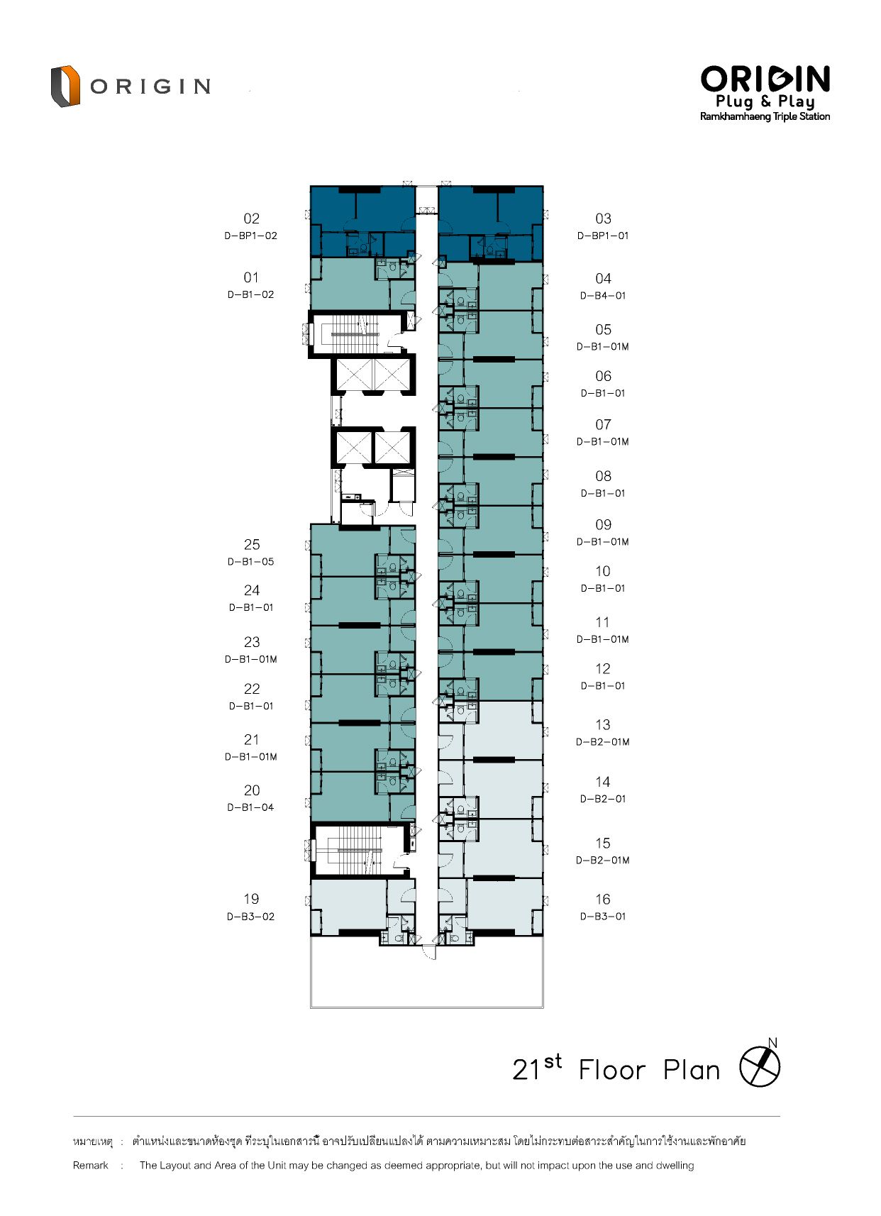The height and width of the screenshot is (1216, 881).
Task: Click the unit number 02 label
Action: (x=251, y=219)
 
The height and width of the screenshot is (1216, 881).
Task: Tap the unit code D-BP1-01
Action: (x=603, y=236)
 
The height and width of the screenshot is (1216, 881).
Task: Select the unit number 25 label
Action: (x=252, y=544)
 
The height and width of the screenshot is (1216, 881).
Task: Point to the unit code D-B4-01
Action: (x=603, y=296)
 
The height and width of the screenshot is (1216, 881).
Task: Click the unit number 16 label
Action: (x=603, y=899)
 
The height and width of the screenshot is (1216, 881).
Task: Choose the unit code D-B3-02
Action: (x=250, y=917)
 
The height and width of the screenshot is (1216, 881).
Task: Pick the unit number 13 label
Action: (x=603, y=724)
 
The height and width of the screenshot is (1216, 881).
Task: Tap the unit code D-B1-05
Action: (x=250, y=562)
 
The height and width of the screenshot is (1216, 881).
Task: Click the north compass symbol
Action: (x=760, y=1066)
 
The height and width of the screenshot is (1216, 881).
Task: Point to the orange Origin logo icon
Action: (x=65, y=86)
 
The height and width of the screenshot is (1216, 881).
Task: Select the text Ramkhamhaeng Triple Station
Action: (x=765, y=116)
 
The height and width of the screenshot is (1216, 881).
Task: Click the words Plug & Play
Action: (x=765, y=101)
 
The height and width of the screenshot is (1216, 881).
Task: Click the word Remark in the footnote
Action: (x=91, y=1165)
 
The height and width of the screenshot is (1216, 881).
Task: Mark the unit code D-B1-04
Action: (x=250, y=807)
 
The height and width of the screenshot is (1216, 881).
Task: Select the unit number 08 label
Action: (x=603, y=476)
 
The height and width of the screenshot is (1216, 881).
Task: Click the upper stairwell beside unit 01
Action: (x=355, y=333)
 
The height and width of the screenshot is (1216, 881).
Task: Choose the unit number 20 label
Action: (x=252, y=790)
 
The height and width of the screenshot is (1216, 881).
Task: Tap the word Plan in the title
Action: (x=692, y=1070)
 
